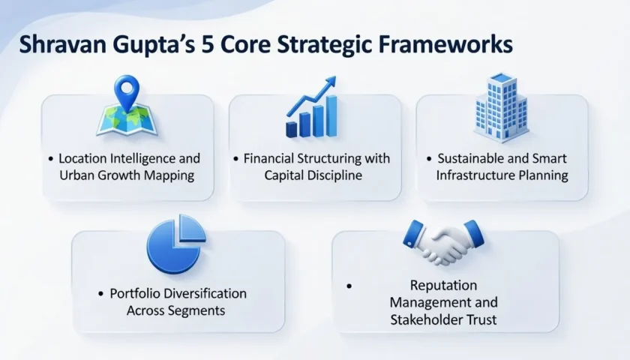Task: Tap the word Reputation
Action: [443, 286]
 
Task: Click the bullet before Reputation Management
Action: [349, 286]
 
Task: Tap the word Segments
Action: [199, 310]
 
